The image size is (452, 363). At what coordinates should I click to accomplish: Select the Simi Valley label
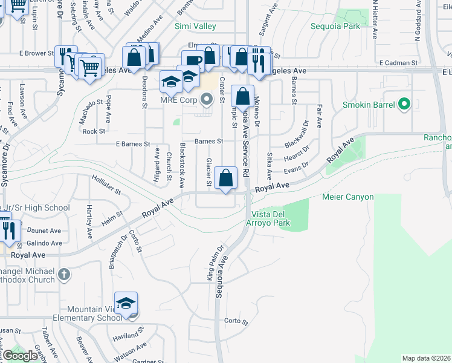[195, 26]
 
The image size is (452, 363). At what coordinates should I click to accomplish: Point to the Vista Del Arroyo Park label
[263, 218]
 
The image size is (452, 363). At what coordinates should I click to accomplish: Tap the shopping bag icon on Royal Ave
[226, 178]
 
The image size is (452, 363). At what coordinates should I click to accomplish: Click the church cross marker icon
[65, 275]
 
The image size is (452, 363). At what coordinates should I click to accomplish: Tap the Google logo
[21, 356]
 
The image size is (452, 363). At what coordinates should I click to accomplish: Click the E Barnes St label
[132, 144]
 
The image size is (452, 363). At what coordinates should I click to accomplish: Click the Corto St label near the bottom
[236, 321]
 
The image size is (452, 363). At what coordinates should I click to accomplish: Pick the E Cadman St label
[399, 62]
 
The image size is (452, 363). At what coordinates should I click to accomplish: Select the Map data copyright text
[426, 358]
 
